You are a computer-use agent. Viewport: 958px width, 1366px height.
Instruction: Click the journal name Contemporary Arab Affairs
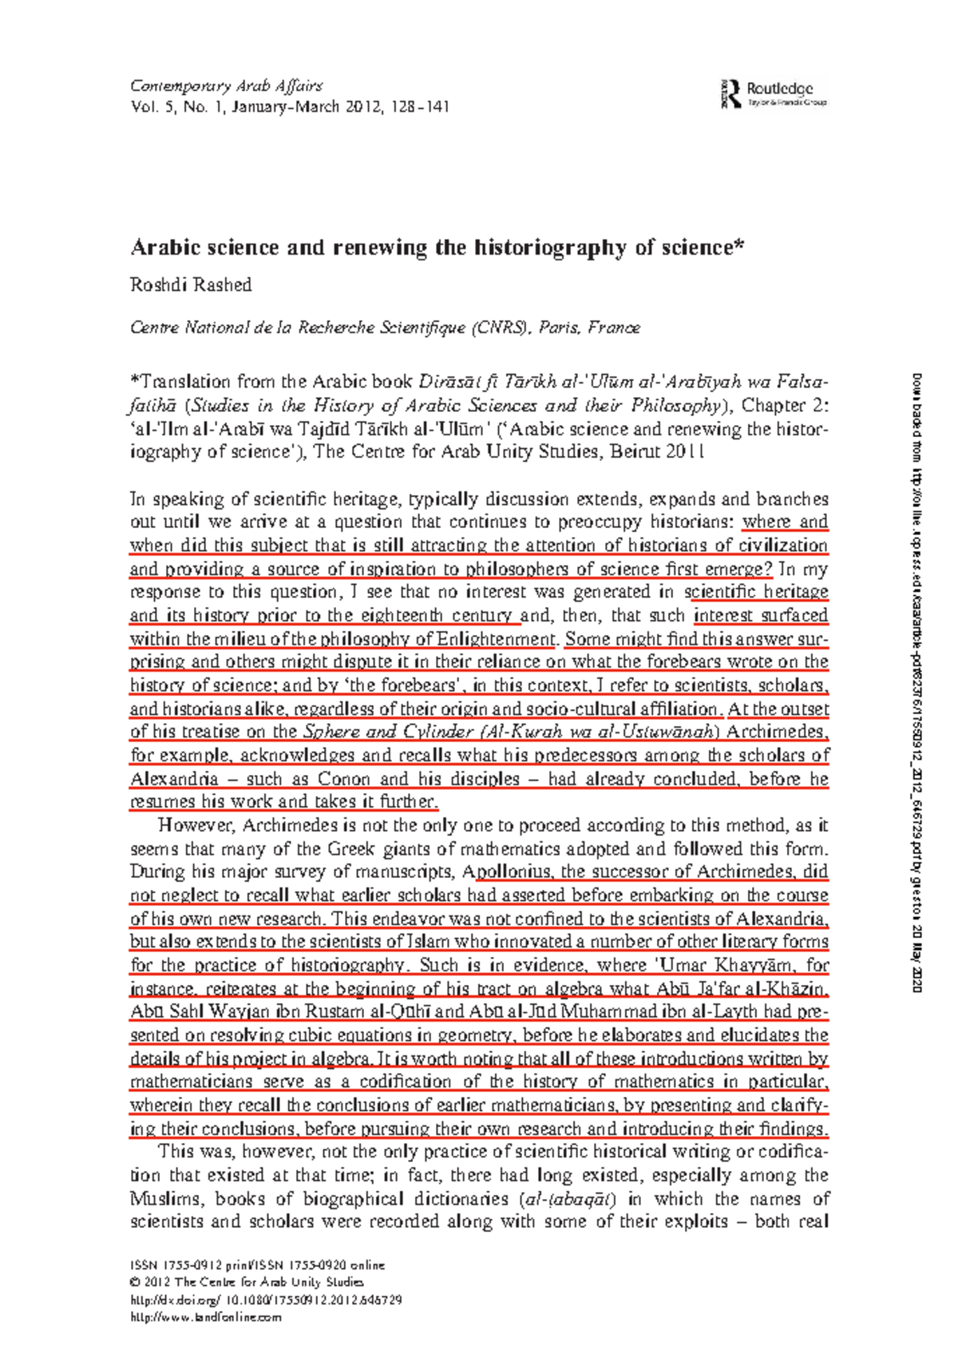tap(226, 86)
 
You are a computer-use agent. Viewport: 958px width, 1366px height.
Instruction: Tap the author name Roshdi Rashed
tap(191, 285)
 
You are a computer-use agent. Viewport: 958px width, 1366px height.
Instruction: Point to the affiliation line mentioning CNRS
tap(385, 328)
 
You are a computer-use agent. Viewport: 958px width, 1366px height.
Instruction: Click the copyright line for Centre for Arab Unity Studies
tap(247, 1283)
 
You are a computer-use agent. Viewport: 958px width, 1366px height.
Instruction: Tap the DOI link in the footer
tap(265, 1300)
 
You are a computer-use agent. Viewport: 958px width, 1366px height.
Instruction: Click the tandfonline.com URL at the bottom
tap(206, 1318)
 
